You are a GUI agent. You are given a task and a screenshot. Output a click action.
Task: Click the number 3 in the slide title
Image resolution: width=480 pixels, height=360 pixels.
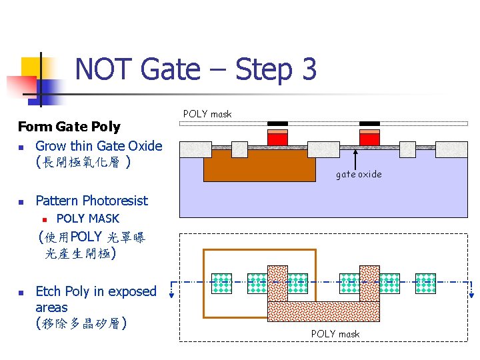[x=307, y=69]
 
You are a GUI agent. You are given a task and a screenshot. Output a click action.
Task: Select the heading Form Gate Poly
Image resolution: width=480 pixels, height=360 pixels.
[x=69, y=127]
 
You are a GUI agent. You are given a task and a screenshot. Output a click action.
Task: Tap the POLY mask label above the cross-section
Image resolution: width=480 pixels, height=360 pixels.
[x=207, y=114]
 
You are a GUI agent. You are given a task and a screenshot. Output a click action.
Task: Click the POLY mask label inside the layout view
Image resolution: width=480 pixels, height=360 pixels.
[x=335, y=334]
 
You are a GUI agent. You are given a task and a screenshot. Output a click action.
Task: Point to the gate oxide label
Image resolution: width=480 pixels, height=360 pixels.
[x=359, y=174]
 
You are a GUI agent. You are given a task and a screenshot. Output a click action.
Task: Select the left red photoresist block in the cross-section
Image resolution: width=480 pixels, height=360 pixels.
[x=277, y=139]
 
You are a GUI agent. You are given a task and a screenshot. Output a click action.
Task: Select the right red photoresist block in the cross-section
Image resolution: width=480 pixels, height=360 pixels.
[x=369, y=139]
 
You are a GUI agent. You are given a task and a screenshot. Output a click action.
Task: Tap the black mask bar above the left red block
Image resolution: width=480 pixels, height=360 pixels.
[x=277, y=123]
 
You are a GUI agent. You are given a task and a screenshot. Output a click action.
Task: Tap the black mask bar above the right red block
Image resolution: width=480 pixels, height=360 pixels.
[x=369, y=123]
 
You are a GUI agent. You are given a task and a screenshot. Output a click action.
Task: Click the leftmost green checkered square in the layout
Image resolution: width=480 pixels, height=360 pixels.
[x=222, y=283]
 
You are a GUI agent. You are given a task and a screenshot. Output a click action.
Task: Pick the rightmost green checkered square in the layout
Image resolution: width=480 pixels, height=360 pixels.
[x=425, y=283]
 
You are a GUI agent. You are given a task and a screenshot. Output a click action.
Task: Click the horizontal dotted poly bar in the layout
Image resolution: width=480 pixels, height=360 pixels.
[x=323, y=311]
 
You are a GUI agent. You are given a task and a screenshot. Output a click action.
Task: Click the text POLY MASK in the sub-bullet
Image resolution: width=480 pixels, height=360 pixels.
[x=88, y=219]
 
